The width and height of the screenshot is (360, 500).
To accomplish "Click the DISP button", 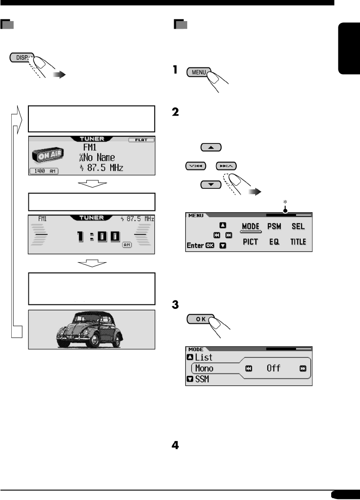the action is coord(20,58).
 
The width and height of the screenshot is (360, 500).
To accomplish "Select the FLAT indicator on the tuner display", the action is coord(143,140).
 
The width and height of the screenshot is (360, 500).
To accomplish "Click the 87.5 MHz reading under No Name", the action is coord(103,168).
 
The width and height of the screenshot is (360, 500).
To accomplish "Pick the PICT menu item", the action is coord(251,241).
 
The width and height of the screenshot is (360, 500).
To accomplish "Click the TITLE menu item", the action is coord(298,241).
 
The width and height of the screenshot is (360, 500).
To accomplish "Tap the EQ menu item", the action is coord(275,241).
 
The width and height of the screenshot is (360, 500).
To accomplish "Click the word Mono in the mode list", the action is coord(205,368).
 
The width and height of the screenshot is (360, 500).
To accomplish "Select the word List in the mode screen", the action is coord(203,358).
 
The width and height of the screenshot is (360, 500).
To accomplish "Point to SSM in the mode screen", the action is coord(202,379).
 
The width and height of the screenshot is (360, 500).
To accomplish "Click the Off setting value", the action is coord(274,368).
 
